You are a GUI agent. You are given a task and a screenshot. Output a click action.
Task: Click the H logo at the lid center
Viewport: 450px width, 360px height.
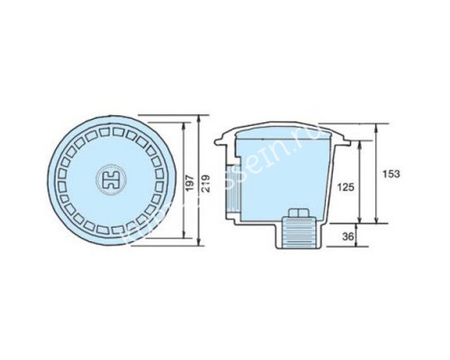coord(114,180)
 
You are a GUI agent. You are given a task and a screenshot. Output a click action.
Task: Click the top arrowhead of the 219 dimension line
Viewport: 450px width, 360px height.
coord(199,117)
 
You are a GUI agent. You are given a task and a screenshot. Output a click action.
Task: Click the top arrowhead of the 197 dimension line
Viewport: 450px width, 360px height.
coord(185,126)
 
